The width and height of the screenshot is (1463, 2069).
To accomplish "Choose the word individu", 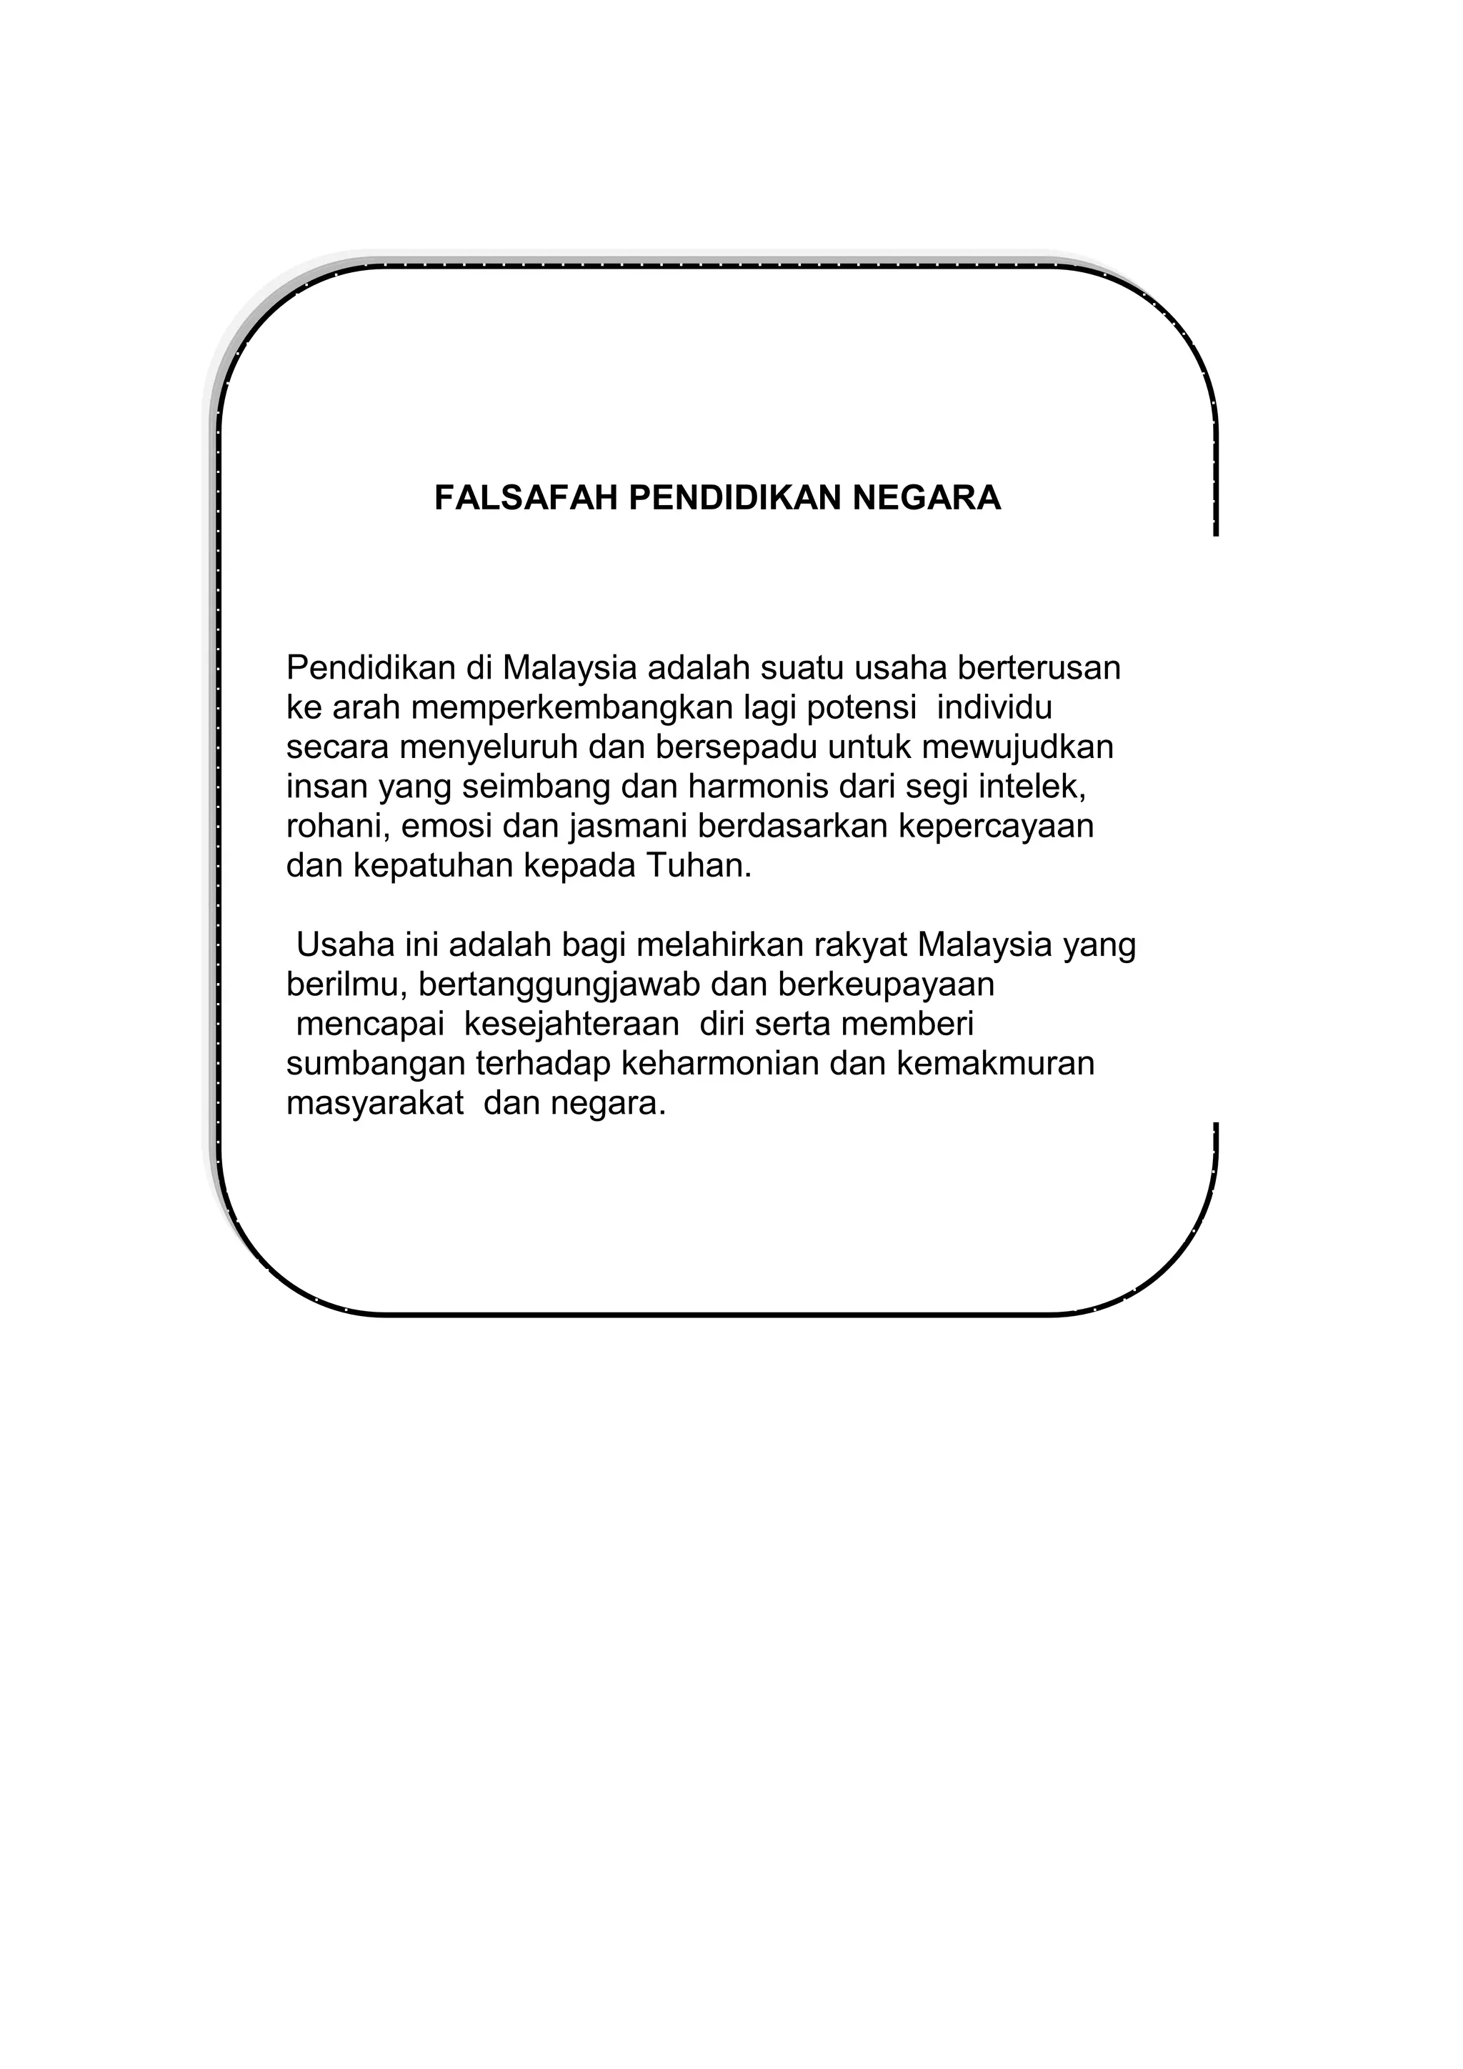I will tap(994, 707).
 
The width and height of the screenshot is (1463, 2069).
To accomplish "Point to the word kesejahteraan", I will tap(571, 1024).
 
